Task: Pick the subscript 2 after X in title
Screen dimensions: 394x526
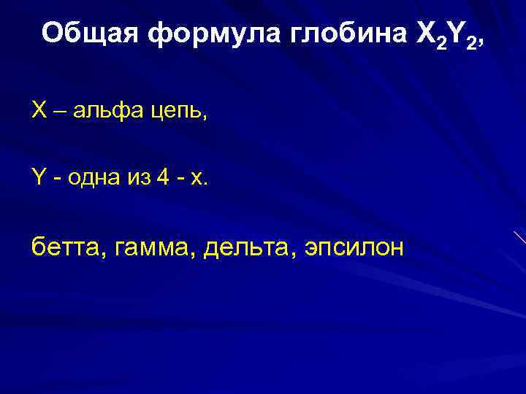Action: pyautogui.click(x=440, y=41)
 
